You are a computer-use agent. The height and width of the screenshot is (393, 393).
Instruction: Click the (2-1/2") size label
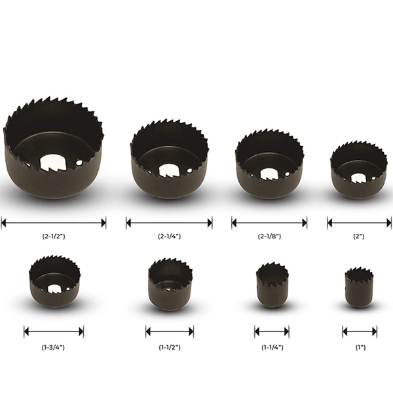[x=54, y=236]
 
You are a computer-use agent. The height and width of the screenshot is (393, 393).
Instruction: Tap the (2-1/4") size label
[x=169, y=236]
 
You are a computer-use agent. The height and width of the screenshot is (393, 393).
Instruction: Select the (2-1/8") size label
[x=269, y=236]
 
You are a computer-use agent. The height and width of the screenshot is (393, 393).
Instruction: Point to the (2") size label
[x=359, y=236]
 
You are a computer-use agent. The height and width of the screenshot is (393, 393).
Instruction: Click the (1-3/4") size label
[x=53, y=347]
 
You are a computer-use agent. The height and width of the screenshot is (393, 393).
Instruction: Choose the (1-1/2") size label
[x=170, y=347]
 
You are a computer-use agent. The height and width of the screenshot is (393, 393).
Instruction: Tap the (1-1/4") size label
[x=272, y=347]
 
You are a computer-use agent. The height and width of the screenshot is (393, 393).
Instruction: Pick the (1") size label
[x=360, y=347]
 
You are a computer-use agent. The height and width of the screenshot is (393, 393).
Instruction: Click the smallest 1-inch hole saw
[x=359, y=288]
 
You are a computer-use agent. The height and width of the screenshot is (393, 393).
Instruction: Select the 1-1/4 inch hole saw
[x=272, y=285]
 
